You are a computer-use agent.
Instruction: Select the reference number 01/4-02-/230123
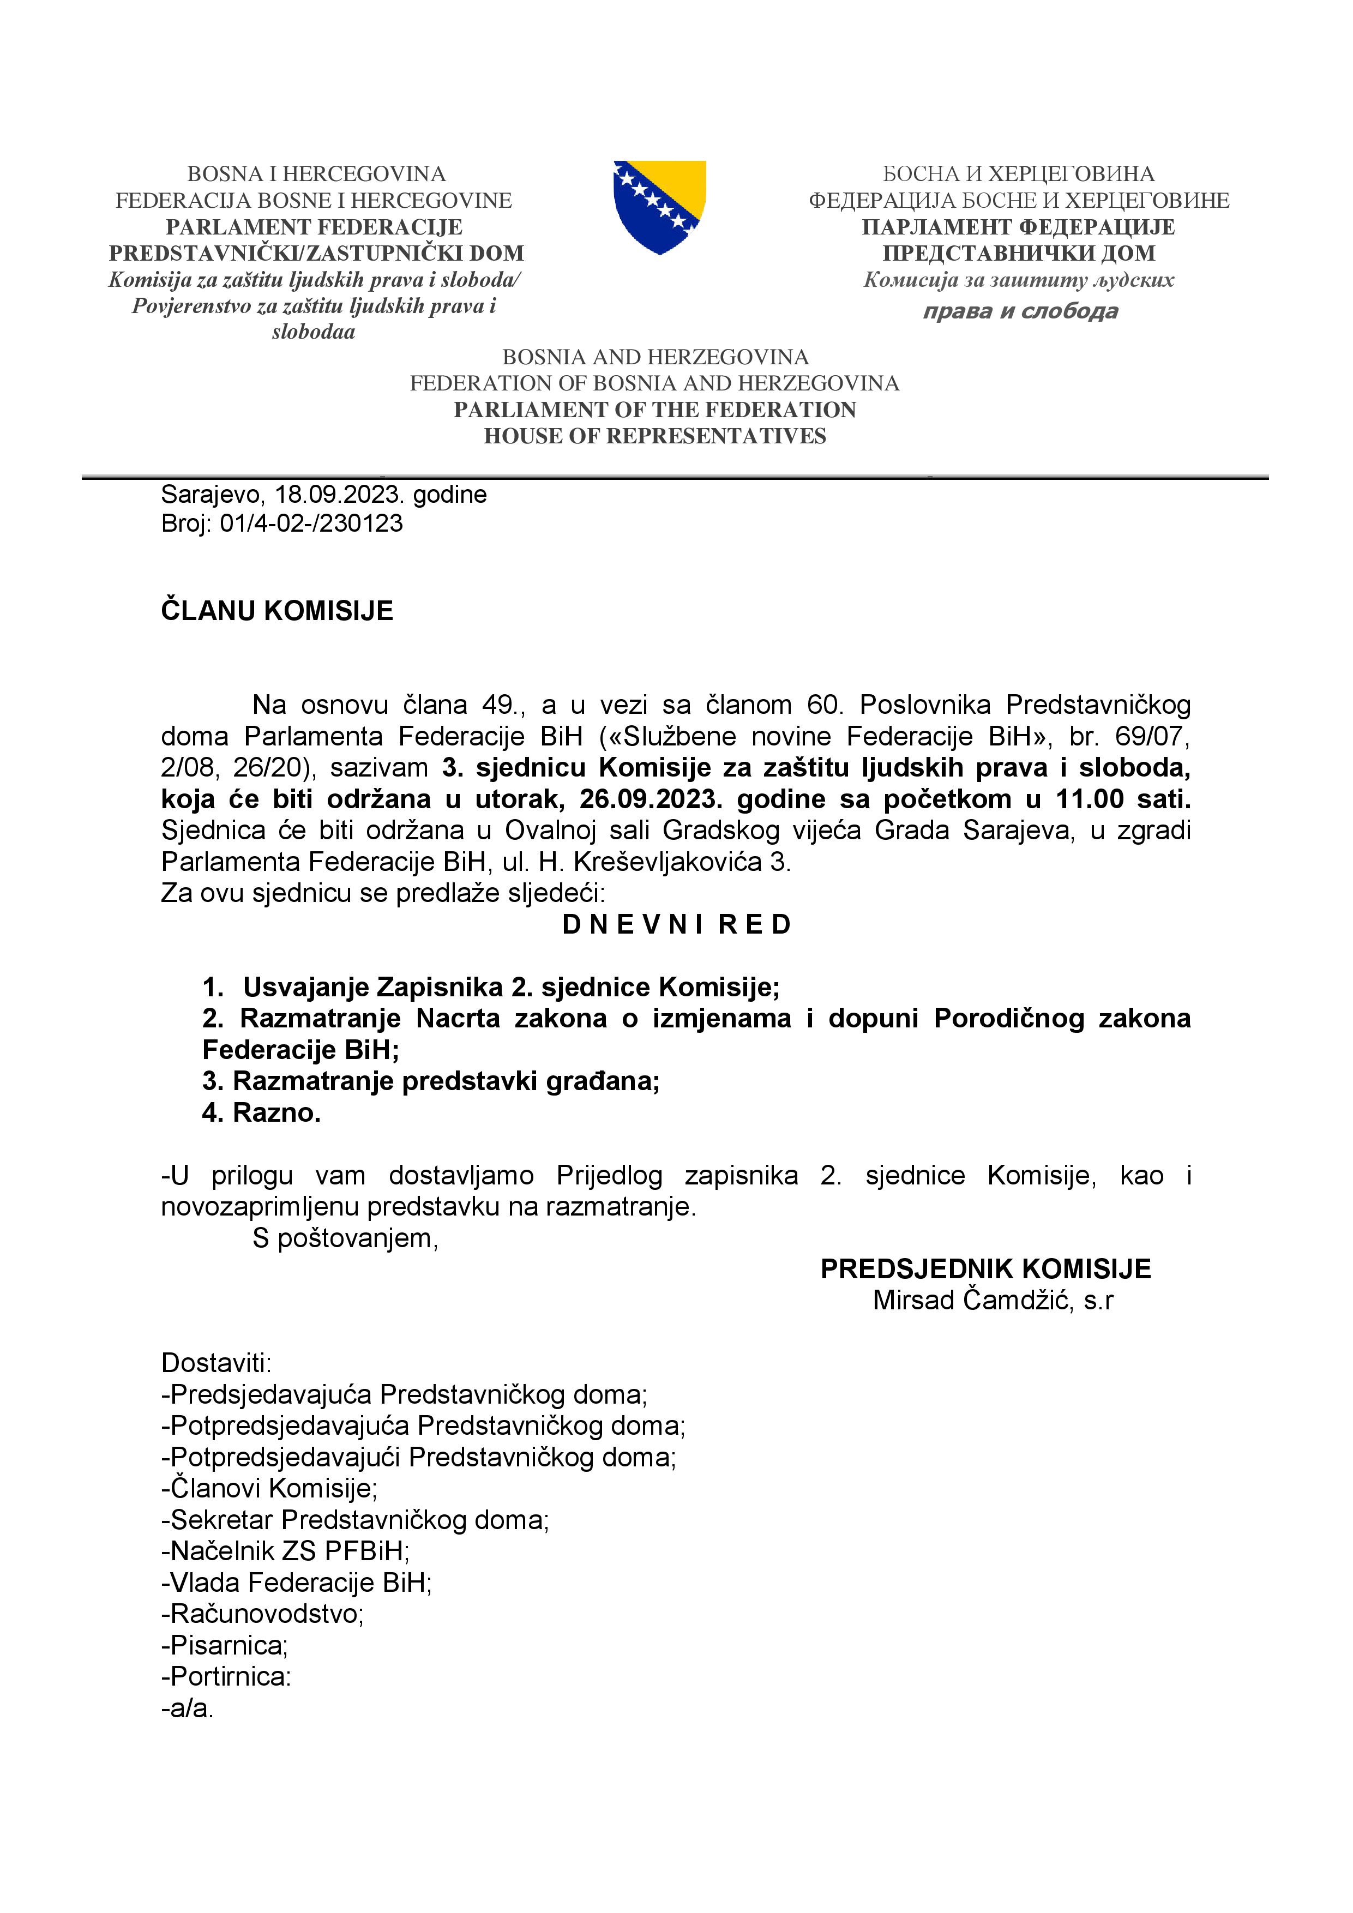pyautogui.click(x=311, y=524)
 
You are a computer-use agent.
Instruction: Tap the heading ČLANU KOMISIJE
pyautogui.click(x=276, y=611)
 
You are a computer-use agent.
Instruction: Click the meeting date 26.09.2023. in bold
pyautogui.click(x=651, y=799)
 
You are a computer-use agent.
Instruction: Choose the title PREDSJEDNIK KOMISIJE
pyautogui.click(x=985, y=1269)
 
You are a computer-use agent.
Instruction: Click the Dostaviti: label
pyautogui.click(x=217, y=1363)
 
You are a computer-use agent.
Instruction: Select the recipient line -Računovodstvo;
pyautogui.click(x=262, y=1614)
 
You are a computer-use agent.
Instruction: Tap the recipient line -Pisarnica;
pyautogui.click(x=224, y=1646)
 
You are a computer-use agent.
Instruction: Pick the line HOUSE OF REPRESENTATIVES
pyautogui.click(x=655, y=437)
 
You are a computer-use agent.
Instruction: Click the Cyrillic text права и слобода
pyautogui.click(x=1020, y=311)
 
